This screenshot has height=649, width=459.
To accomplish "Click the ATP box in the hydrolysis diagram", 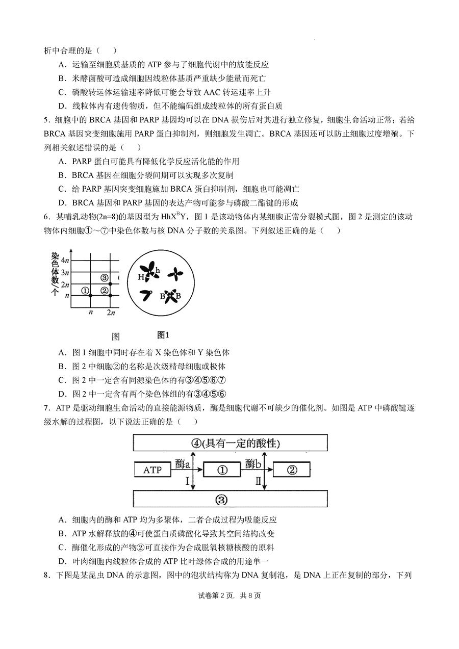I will point(152,470).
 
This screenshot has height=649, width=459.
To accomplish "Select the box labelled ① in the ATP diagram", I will point(222,470).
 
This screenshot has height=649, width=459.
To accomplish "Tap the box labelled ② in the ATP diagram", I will point(292,470).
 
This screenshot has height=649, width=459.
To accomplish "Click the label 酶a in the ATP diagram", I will point(182,463).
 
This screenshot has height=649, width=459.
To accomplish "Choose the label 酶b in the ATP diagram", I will point(253,463).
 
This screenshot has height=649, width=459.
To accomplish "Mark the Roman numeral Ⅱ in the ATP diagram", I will point(259,481).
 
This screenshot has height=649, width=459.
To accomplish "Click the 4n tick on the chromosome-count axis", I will point(65,261).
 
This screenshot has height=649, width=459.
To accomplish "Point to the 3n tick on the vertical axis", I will point(65,273).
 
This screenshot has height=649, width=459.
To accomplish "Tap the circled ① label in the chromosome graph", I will point(85,291).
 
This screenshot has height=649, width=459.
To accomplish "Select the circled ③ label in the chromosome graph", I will point(105,278).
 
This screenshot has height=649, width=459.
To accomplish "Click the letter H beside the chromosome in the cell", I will point(141,277).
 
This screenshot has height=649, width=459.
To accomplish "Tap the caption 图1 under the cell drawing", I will point(163,335).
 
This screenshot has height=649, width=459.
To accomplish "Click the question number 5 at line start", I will point(46,120).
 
